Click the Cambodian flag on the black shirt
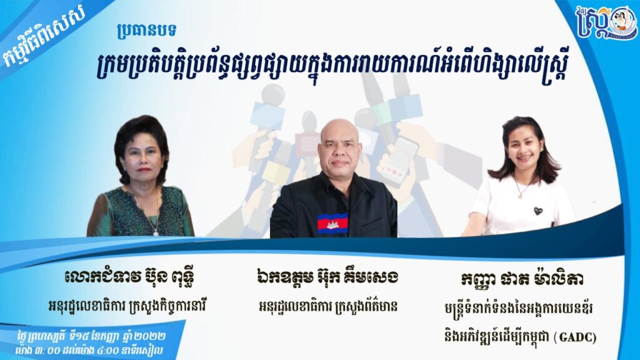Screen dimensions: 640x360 332,224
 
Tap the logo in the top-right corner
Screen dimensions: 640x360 606,23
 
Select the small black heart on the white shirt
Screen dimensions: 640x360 538,211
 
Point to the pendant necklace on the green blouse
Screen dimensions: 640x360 156,232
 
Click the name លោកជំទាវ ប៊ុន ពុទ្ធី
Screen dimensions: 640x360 129,277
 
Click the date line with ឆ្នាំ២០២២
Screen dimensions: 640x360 91,337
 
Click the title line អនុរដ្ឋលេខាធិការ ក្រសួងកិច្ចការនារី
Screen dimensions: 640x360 127,306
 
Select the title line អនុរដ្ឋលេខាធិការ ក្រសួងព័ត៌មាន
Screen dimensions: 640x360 328,306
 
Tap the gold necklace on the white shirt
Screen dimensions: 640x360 521,190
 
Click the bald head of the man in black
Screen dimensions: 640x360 339,131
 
